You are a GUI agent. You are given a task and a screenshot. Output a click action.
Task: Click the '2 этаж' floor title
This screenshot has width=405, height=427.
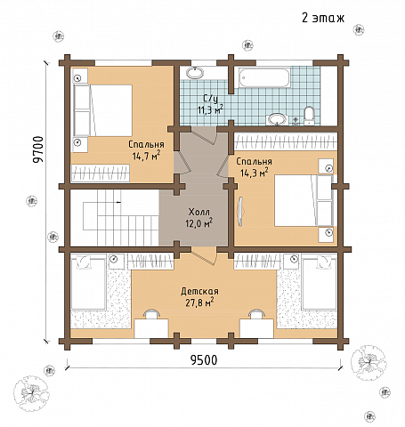coord(323,18)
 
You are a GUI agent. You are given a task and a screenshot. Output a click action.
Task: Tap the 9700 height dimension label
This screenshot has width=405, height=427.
coord(38,149)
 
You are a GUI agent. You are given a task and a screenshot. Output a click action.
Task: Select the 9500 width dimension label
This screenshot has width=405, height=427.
coord(204,360)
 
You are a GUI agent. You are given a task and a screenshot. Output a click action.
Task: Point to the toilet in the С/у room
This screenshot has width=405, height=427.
coord(309,116)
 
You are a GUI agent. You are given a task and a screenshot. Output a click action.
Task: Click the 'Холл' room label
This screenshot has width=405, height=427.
coord(198,212)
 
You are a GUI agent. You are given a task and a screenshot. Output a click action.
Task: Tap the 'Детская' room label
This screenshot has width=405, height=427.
coord(199,291)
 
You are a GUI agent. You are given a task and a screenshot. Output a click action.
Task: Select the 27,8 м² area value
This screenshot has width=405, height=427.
coord(199,303)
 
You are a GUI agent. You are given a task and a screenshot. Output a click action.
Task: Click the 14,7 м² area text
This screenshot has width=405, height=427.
coord(147,156)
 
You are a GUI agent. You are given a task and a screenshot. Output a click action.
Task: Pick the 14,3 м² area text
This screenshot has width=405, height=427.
coord(255,173)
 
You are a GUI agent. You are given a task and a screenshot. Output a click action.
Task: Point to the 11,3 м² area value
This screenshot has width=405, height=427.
coord(210,110)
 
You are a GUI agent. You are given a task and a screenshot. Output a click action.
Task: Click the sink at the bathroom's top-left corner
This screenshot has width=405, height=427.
coord(195,73)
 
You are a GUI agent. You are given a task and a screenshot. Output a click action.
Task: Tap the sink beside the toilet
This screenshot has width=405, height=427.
coord(278,119)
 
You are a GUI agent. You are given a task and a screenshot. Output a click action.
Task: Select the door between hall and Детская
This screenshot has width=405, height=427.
coord(204,255)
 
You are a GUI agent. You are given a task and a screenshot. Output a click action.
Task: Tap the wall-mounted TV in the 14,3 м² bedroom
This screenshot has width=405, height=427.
coord(239,212)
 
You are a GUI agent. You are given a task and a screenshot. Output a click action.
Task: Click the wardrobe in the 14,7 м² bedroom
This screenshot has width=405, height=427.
coord(101,173)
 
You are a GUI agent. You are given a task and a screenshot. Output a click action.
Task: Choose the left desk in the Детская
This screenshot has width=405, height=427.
coord(151,328)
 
